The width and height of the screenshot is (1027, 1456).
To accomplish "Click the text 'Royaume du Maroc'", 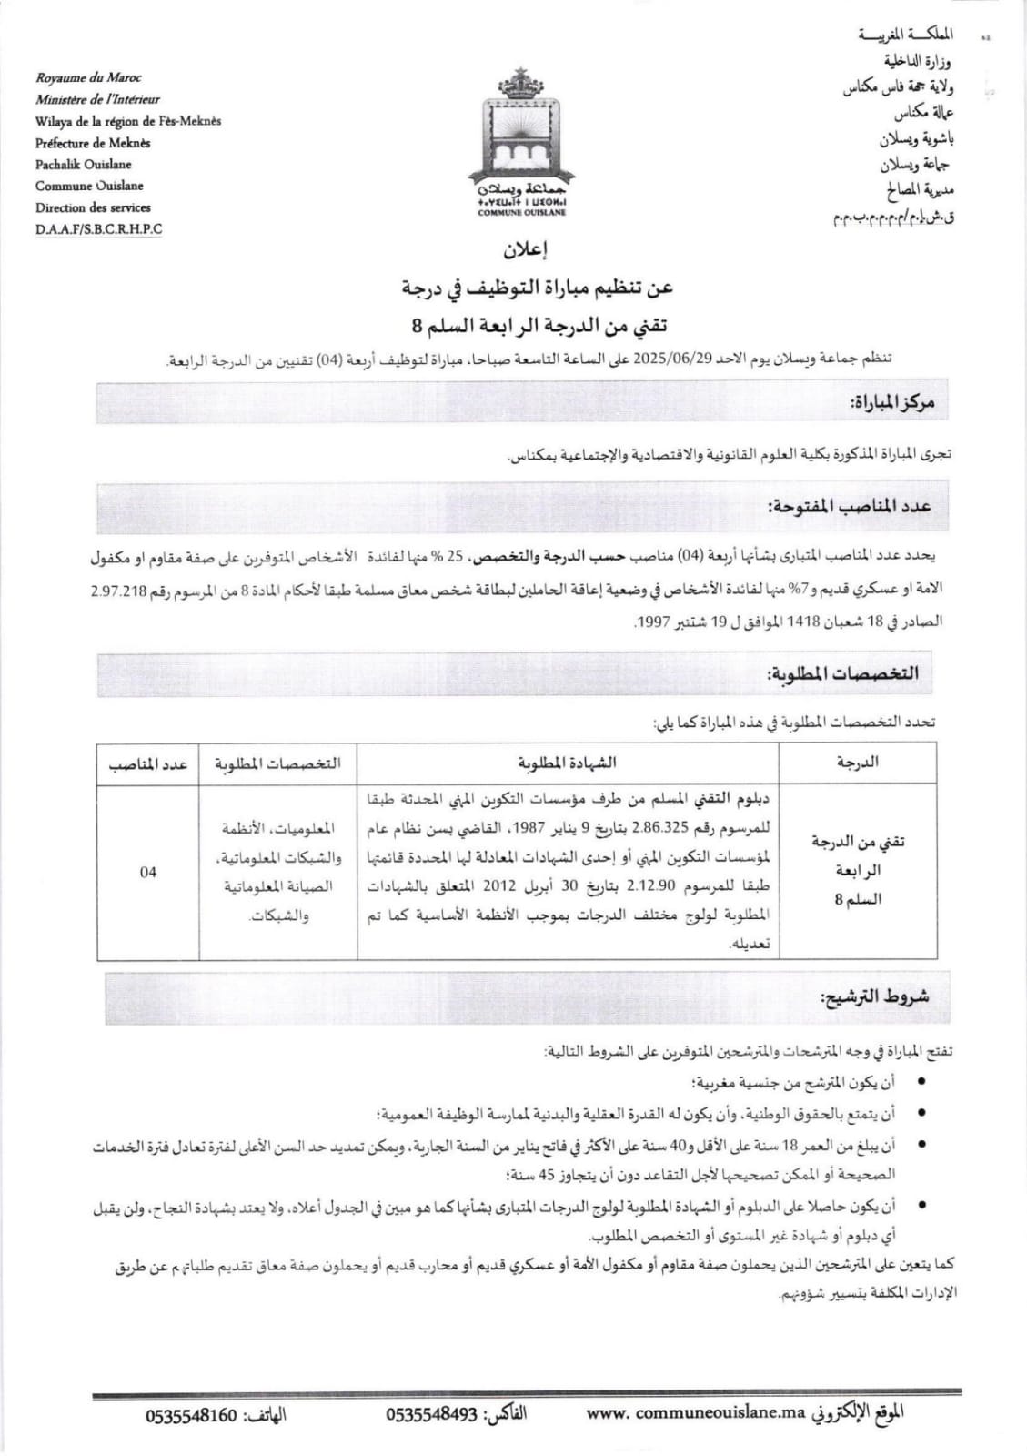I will [89, 78].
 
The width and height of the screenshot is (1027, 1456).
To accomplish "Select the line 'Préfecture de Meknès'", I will [93, 143].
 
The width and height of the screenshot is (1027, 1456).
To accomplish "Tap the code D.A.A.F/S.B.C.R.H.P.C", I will [99, 229].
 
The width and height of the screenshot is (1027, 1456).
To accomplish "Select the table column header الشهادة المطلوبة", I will [568, 763].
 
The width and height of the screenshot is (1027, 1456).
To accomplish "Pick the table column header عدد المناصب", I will [148, 763].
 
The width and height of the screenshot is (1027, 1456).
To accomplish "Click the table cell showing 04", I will [148, 871].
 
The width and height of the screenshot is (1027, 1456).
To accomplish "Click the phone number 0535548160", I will [191, 1416].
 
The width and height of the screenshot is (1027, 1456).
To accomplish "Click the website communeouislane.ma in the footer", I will [697, 1416].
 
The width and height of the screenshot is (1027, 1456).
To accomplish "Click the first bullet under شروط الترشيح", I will [923, 1082].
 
